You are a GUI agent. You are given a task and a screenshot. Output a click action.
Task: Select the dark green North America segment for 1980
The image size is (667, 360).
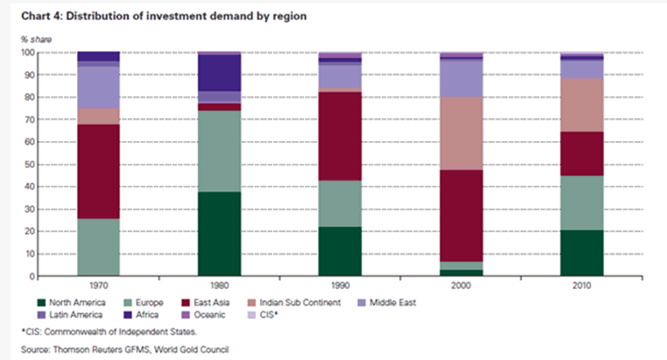(220, 234)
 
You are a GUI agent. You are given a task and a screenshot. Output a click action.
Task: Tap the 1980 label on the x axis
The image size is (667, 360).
(220, 286)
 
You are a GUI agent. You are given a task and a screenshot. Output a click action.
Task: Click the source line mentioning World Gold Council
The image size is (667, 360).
(122, 350)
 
